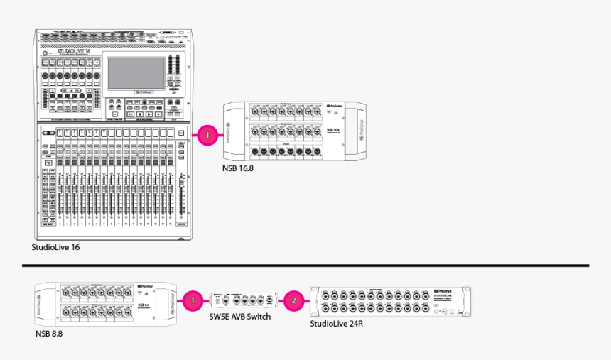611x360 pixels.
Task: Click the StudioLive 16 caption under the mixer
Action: click(55, 248)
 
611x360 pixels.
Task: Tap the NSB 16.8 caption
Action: click(238, 168)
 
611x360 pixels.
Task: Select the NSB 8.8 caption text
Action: click(49, 333)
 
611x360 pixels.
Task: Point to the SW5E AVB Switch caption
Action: click(241, 317)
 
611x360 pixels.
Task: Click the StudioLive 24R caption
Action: click(337, 324)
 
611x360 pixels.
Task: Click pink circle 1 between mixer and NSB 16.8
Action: click(207, 133)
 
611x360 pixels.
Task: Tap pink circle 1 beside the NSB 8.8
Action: click(192, 300)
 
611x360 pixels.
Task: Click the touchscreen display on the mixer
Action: click(136, 73)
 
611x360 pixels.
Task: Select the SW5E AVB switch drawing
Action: click(242, 300)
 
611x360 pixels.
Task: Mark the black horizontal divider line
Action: click(305, 266)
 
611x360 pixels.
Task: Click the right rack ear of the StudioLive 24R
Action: click(467, 300)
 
